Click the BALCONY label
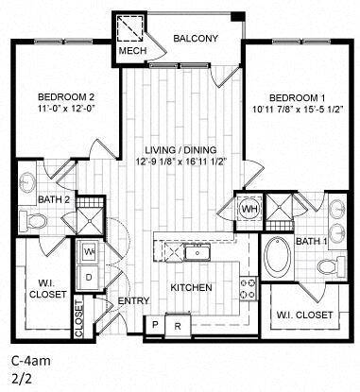196,38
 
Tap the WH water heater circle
250,209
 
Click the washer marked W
88,253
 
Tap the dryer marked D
88,277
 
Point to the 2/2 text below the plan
20,379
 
